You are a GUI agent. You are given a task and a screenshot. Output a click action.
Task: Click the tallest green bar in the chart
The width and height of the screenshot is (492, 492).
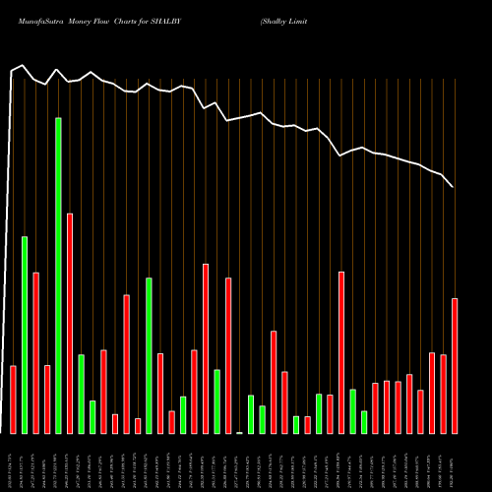point(58,276)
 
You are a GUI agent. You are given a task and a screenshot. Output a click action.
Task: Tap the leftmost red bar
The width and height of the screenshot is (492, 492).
point(13,399)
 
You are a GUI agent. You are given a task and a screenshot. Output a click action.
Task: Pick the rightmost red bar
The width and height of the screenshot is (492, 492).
point(455,365)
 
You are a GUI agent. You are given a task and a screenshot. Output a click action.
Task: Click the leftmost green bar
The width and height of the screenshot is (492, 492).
point(25,335)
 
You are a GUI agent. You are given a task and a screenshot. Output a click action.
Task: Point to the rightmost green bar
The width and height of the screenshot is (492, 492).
point(364,422)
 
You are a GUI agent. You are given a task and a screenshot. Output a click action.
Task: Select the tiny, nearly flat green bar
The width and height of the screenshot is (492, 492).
point(239,432)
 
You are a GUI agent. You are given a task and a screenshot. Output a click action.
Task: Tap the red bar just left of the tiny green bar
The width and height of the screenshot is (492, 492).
point(228,355)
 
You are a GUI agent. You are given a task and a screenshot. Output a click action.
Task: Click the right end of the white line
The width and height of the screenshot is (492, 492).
point(453,186)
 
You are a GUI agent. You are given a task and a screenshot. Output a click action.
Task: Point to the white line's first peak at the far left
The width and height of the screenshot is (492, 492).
point(22,66)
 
